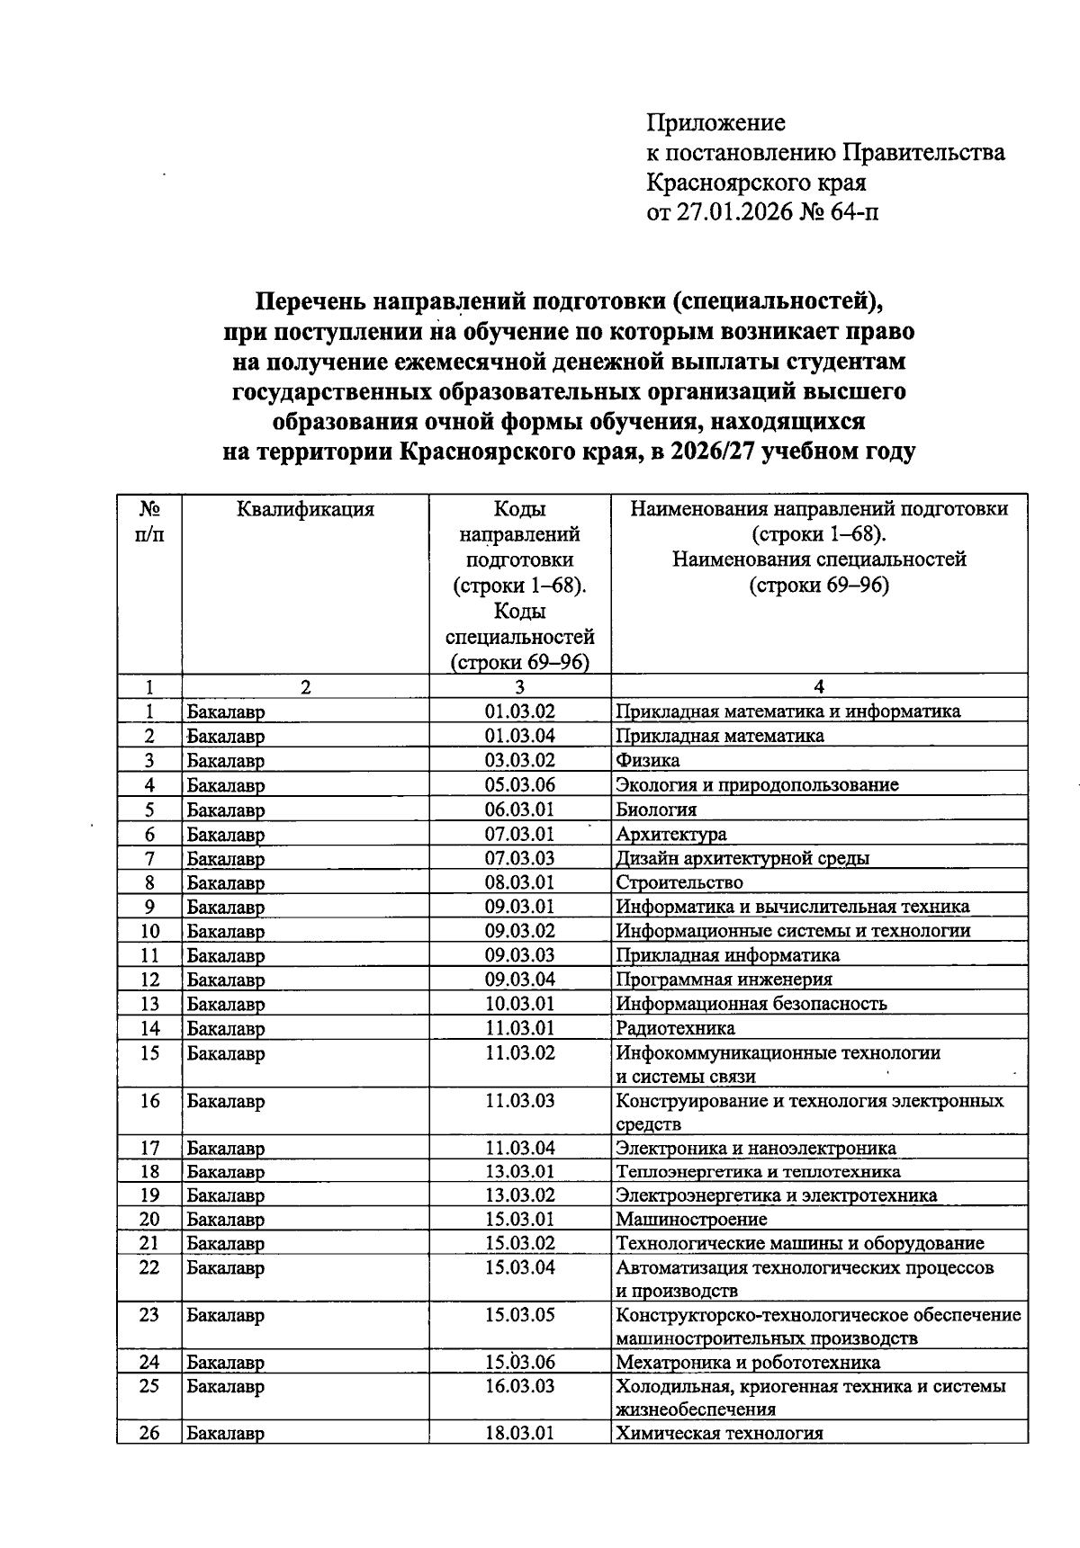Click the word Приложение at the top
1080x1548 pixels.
[716, 122]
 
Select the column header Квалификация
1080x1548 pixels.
[305, 510]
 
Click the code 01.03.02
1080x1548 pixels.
[519, 711]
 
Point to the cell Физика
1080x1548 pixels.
[647, 760]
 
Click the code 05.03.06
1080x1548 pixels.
[519, 784]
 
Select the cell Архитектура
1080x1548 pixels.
[670, 834]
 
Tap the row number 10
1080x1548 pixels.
[149, 931]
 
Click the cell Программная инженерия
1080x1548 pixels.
[724, 980]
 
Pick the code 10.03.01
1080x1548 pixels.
[519, 1004]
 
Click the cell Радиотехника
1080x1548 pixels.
[675, 1028]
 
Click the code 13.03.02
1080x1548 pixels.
[519, 1195]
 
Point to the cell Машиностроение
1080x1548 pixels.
[691, 1220]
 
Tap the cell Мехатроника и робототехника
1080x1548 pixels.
[747, 1362]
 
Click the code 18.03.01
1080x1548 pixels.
[519, 1434]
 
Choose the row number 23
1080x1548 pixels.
[149, 1315]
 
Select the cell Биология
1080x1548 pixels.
[655, 810]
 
